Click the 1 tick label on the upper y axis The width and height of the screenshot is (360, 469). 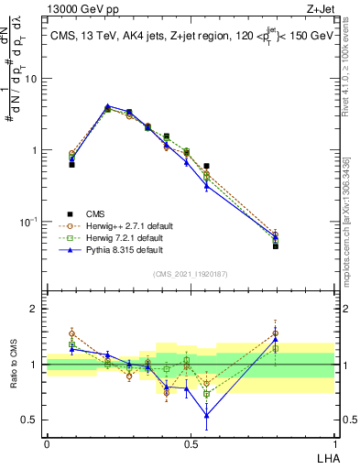pos(36,150)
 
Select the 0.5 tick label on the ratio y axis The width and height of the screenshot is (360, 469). pos(31,420)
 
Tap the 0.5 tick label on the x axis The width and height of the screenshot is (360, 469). pos(191,443)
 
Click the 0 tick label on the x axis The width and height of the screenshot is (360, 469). pos(47,443)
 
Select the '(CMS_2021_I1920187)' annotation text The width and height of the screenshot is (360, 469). pos(190,273)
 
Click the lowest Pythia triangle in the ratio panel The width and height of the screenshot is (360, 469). pos(207,415)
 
